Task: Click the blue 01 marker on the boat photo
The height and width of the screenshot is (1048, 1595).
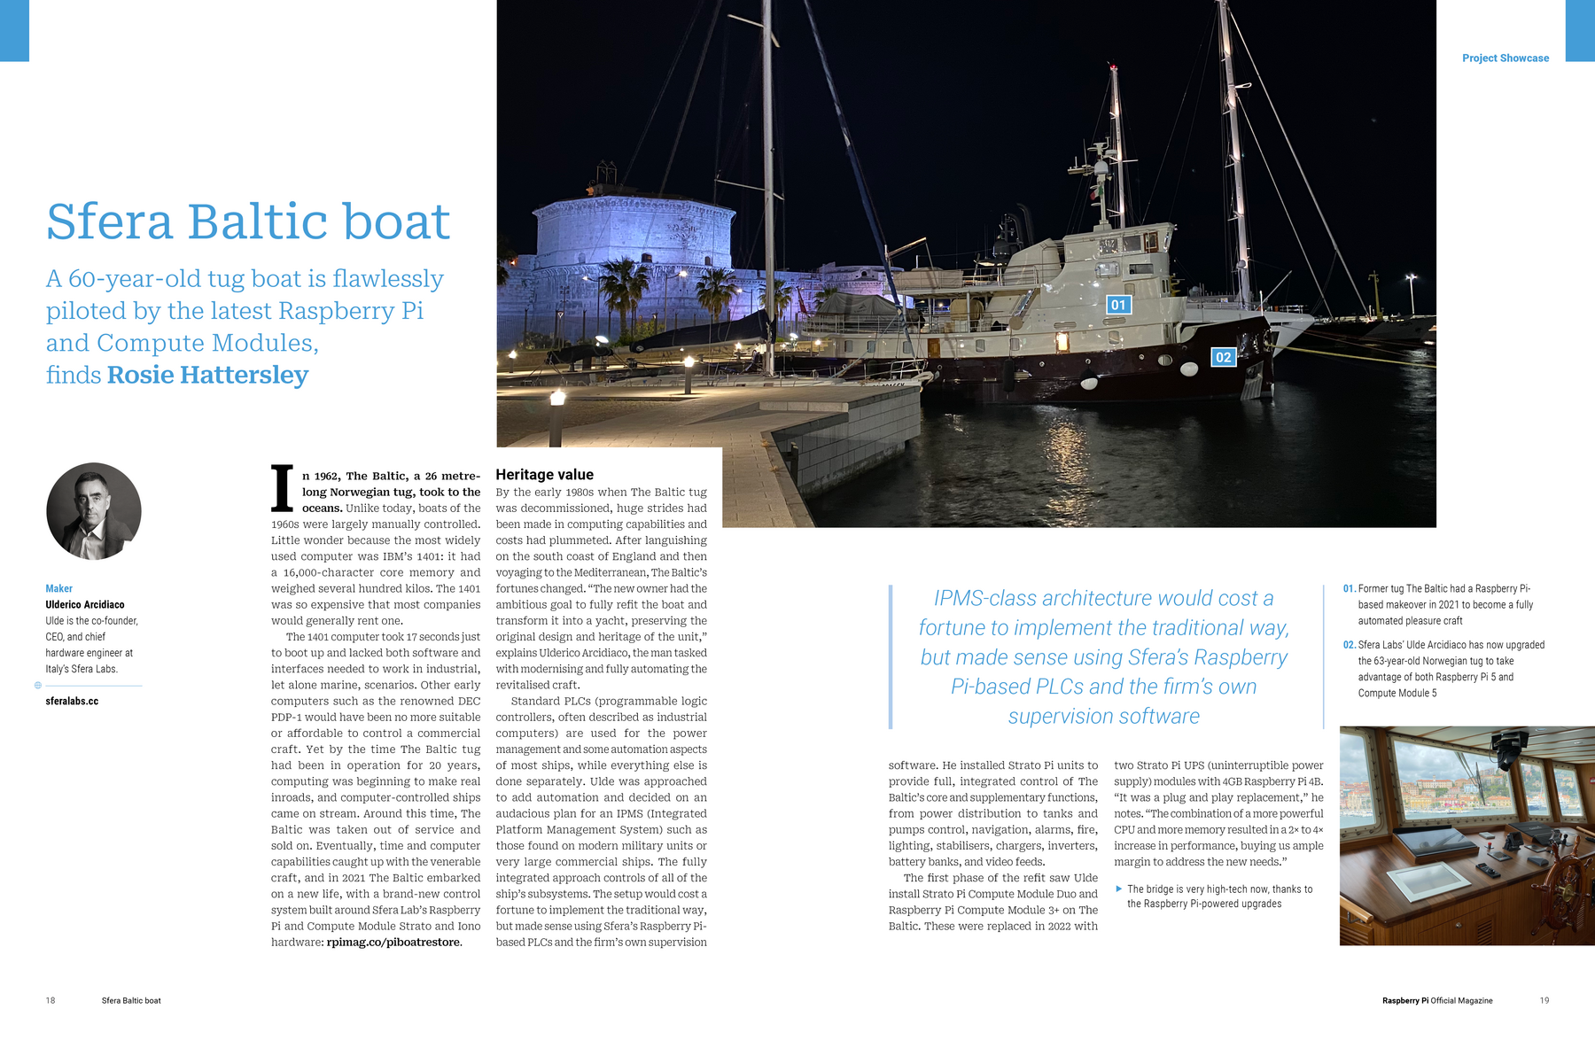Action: click(x=1118, y=305)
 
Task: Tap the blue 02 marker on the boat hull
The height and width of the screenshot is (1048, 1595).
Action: click(x=1223, y=357)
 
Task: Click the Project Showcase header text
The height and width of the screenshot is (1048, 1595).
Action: click(x=1505, y=58)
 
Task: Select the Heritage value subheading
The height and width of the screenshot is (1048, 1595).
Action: click(x=544, y=475)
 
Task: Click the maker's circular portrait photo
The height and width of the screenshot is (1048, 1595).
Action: click(x=94, y=511)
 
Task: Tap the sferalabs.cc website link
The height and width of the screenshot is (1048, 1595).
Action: click(x=72, y=701)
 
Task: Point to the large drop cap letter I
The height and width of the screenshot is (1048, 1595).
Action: click(x=282, y=489)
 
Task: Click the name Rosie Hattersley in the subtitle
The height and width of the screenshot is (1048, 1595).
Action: click(x=207, y=375)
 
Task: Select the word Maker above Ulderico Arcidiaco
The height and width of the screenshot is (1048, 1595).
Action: click(x=58, y=588)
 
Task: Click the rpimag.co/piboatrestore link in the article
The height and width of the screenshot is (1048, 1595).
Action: click(x=393, y=942)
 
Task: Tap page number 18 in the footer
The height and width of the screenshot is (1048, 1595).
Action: click(x=51, y=1000)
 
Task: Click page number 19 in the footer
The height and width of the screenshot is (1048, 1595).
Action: click(x=1544, y=1000)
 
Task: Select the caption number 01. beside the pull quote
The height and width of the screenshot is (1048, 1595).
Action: click(x=1349, y=588)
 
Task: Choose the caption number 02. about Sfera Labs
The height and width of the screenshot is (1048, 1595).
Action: click(x=1349, y=645)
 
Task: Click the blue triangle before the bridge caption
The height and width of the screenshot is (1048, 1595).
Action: click(x=1119, y=889)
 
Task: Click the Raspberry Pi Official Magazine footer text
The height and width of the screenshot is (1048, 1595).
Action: click(x=1436, y=1000)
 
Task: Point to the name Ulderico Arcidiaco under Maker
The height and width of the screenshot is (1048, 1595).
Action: click(x=85, y=604)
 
